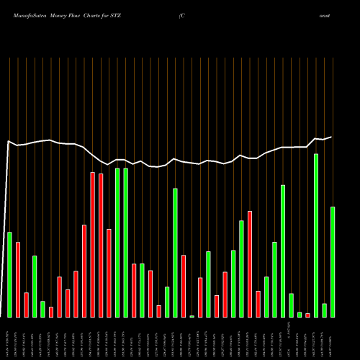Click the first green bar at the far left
pos(9,274)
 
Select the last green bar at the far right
pos(333,262)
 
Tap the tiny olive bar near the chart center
pos(192,316)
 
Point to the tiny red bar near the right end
pos(307,315)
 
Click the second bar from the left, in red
pos(18,279)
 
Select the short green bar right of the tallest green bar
pos(325,310)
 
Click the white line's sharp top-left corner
pos(8,142)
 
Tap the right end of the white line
pos(331,137)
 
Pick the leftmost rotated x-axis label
pos(9,338)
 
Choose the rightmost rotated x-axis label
pos(333,338)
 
